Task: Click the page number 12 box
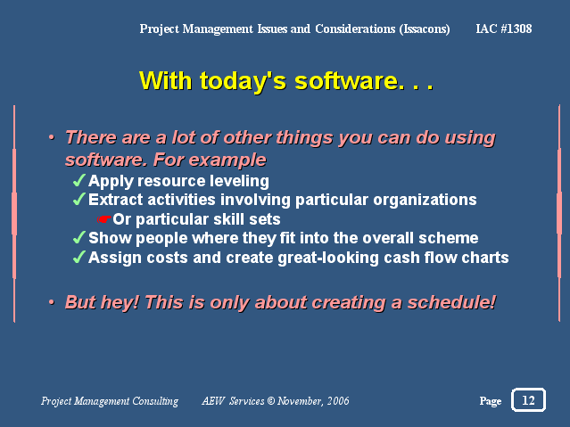point(528,399)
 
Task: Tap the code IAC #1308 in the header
point(504,29)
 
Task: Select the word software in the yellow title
point(346,80)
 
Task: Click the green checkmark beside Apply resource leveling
point(79,180)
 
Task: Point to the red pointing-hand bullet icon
point(104,219)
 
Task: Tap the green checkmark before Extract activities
point(79,199)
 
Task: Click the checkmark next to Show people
point(79,238)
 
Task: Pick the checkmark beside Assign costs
point(79,257)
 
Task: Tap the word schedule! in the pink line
point(451,302)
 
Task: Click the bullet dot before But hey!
point(52,302)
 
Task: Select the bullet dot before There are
point(52,137)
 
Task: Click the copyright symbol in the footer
point(271,400)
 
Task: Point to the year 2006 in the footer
point(338,400)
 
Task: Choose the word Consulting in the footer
point(155,401)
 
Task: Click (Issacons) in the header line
point(425,29)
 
